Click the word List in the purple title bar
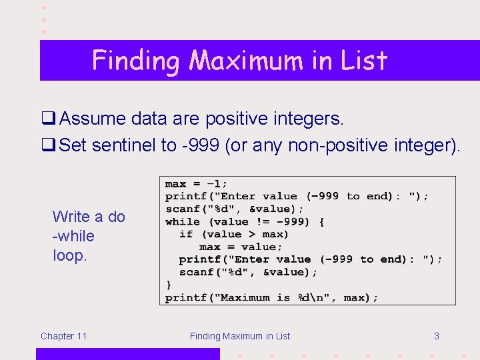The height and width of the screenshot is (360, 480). pos(363,61)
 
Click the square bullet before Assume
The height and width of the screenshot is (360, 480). pos(48,119)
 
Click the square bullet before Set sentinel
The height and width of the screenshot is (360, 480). pos(48,145)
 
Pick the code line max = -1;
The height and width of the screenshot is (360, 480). pos(196,183)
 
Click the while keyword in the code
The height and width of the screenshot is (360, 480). pos(182,221)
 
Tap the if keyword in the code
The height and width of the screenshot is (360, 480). pos(186,234)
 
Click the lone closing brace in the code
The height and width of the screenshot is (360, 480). pos(168,285)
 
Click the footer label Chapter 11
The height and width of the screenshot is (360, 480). pos(63,336)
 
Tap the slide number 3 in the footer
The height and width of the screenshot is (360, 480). pos(436,336)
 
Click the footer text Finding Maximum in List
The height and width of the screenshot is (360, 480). pos(240,336)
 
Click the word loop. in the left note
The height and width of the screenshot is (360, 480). pos(69,255)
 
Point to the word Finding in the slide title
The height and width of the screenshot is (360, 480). pos(137,61)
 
